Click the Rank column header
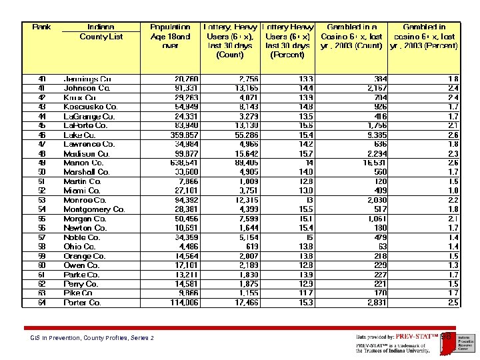click(42, 27)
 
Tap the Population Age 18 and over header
click(170, 37)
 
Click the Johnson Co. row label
click(87, 88)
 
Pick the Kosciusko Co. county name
click(91, 107)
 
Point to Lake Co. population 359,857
click(185, 135)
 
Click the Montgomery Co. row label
click(94, 209)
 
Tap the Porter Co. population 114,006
click(185, 303)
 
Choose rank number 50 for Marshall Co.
click(42, 172)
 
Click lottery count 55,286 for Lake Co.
click(241, 135)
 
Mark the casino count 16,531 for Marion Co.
click(373, 163)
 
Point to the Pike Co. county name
click(78, 293)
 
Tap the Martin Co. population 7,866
click(187, 181)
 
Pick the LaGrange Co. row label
click(89, 116)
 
